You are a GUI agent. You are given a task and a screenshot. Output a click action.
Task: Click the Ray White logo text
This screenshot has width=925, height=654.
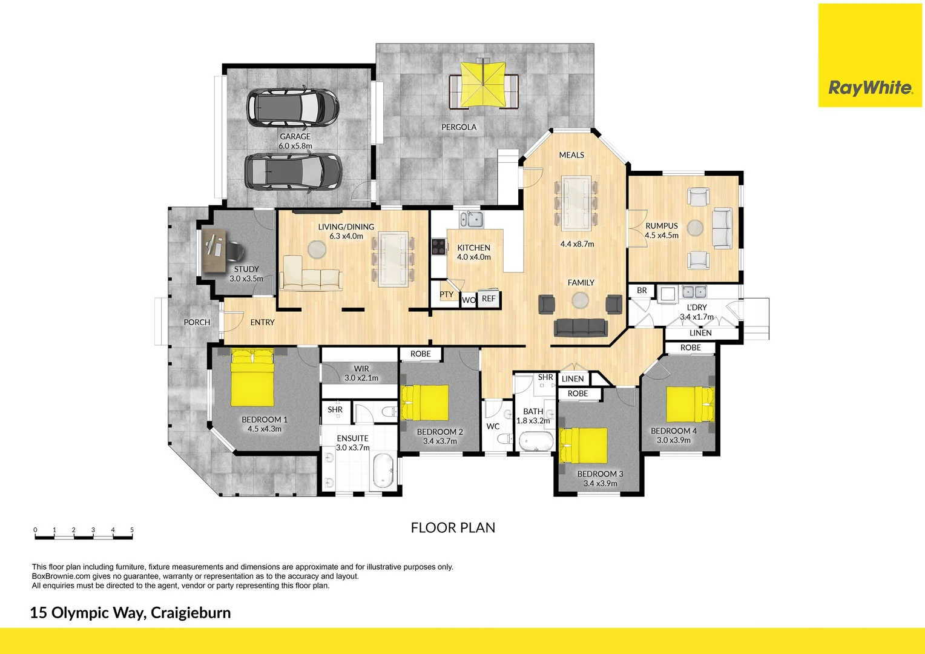[870, 88]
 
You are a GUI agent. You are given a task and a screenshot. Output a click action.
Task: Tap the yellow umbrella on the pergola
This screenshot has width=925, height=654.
[483, 85]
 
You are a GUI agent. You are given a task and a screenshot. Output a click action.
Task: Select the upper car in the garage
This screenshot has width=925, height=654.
[292, 108]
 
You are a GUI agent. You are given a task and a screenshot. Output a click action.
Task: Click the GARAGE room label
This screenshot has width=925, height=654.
[295, 137]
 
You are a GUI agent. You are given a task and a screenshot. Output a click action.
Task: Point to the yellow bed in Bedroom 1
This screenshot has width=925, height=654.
[252, 378]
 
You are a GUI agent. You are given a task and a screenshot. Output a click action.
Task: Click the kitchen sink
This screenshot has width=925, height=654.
[470, 219]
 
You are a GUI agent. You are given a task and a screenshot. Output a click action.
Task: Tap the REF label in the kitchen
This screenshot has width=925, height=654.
[489, 299]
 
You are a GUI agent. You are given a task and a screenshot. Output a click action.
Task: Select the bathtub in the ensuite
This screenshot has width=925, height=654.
[383, 472]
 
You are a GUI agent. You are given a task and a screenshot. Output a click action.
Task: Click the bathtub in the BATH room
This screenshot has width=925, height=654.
[536, 441]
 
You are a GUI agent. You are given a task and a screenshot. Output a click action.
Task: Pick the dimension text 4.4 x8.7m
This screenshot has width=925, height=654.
[577, 244]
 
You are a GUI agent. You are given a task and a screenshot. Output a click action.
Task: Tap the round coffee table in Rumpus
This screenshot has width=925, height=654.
[695, 228]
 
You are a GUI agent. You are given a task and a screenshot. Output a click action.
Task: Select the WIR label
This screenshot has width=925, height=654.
[361, 368]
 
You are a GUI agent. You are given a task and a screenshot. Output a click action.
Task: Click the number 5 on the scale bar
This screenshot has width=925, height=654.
[131, 530]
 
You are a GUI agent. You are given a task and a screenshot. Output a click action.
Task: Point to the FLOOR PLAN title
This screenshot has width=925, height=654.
[453, 528]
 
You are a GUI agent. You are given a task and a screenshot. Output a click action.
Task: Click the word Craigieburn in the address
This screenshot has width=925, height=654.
[191, 613]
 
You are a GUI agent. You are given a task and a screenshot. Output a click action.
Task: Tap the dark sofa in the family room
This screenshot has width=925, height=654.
[580, 328]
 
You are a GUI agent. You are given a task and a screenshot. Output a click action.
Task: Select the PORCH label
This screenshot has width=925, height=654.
[197, 322]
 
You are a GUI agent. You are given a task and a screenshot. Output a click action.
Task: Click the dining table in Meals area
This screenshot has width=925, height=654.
[576, 203]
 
